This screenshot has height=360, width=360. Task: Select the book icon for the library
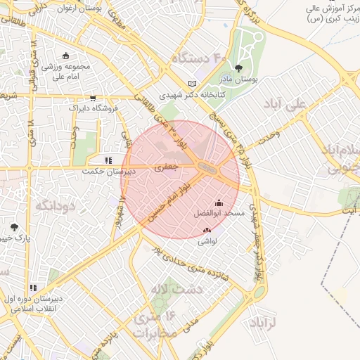pyautogui.click(x=193, y=83)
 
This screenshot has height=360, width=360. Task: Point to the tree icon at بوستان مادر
pyautogui.click(x=238, y=68)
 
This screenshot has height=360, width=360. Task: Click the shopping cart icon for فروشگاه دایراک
pyautogui.click(x=93, y=98)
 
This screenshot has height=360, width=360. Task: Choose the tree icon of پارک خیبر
pyautogui.click(x=15, y=227)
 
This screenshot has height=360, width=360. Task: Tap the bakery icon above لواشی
pyautogui.click(x=207, y=230)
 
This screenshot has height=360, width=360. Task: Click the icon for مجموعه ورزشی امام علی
pyautogui.click(x=66, y=56)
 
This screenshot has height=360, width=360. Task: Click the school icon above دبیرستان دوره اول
pyautogui.click(x=33, y=288)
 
